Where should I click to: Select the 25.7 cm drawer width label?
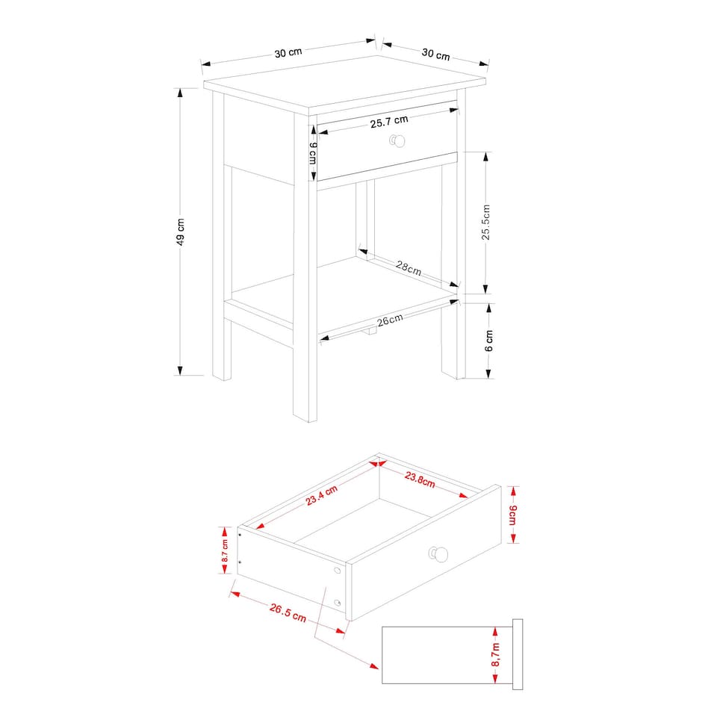tap(389, 121)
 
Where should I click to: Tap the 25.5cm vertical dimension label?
tap(485, 222)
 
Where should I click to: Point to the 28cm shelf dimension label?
tap(409, 269)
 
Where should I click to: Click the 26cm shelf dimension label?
tap(390, 321)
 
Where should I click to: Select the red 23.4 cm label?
tap(321, 495)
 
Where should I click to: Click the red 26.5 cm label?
tap(288, 613)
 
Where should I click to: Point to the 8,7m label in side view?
tap(494, 655)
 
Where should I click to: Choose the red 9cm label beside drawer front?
tap(512, 515)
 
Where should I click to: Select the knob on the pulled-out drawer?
tap(439, 553)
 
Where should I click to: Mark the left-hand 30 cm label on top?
tap(288, 53)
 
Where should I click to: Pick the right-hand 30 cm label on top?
tap(436, 55)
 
